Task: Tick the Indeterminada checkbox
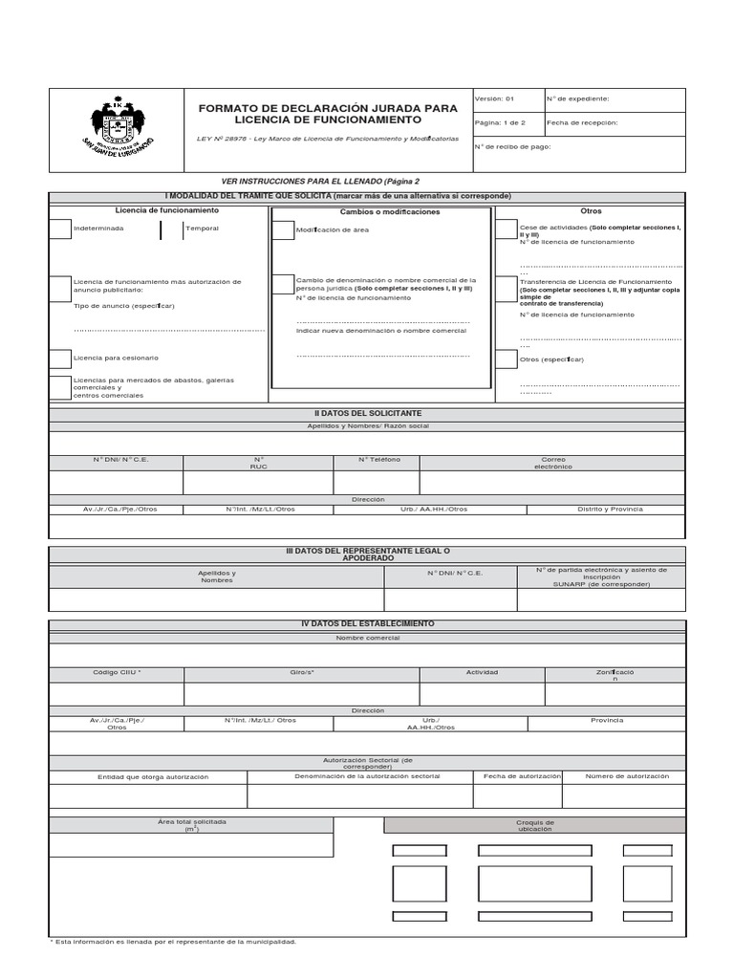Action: [60, 229]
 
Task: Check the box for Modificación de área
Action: [283, 230]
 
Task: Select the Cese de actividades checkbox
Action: [507, 229]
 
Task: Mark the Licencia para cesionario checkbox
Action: [60, 358]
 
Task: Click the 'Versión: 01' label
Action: [495, 98]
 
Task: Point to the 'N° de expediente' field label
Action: [577, 98]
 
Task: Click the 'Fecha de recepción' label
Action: [582, 122]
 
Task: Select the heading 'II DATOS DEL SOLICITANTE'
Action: [367, 413]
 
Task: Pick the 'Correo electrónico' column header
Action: [552, 463]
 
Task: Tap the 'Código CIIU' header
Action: [117, 672]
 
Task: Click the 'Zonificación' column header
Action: [615, 675]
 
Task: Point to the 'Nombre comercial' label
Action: [367, 638]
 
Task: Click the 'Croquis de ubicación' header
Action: [534, 825]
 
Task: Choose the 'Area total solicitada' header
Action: [192, 824]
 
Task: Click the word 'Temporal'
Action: [202, 229]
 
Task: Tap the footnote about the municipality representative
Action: [173, 942]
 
